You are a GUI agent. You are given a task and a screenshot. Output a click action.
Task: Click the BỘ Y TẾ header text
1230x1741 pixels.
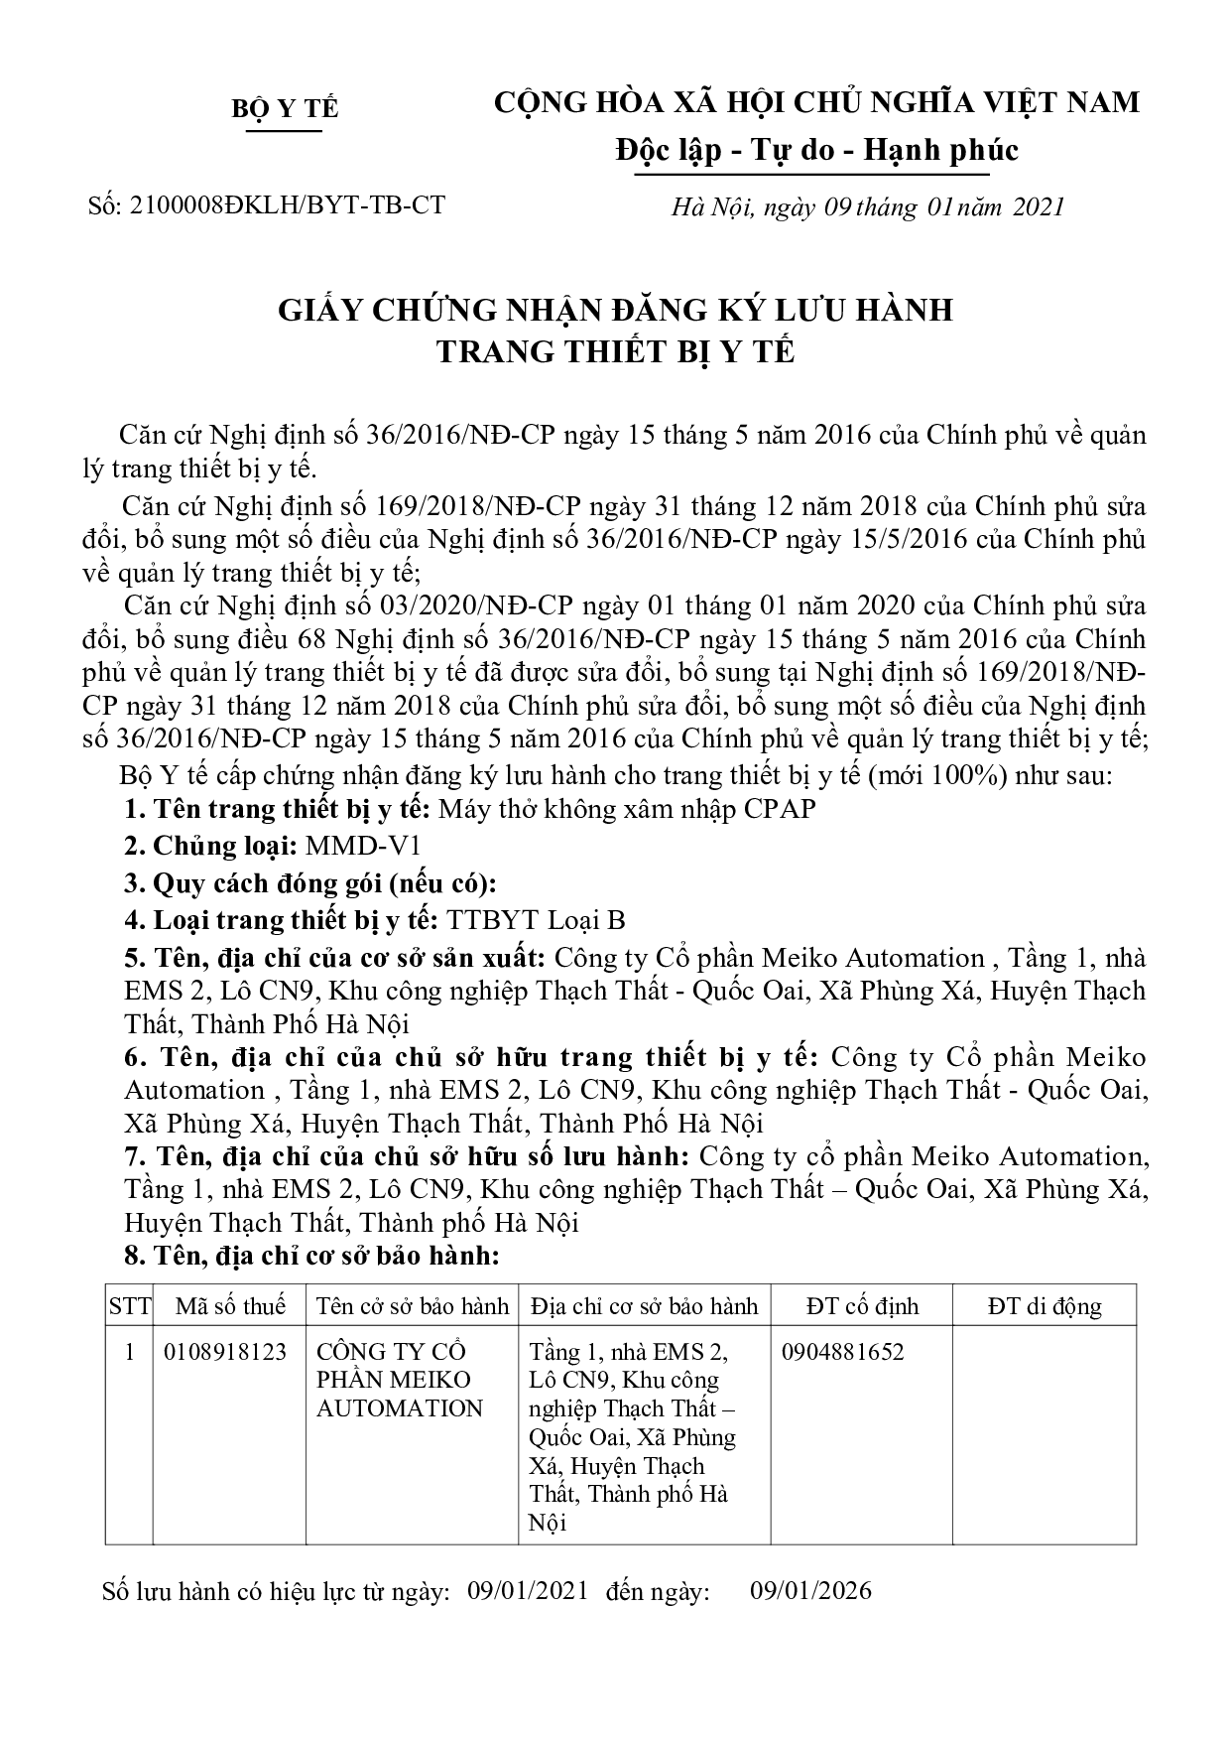click(285, 108)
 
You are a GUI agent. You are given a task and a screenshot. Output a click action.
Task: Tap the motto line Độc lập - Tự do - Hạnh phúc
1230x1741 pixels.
click(815, 150)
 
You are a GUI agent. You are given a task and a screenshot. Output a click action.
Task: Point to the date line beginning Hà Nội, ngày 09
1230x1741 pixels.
click(867, 206)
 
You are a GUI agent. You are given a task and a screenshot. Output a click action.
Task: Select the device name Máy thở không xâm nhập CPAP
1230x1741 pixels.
click(627, 809)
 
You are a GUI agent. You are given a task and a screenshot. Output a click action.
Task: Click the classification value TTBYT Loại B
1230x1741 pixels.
click(537, 920)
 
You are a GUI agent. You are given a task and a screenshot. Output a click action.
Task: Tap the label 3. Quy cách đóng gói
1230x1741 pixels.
click(310, 883)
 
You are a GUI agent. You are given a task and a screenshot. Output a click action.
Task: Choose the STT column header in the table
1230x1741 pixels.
click(129, 1306)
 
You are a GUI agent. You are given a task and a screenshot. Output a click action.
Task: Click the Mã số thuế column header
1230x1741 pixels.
click(229, 1306)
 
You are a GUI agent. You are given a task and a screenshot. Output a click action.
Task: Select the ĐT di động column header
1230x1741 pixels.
click(1044, 1306)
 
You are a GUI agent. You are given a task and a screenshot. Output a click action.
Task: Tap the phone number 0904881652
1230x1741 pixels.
click(842, 1352)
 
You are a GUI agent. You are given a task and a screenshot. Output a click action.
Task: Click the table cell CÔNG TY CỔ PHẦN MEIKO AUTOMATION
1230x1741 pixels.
click(399, 1380)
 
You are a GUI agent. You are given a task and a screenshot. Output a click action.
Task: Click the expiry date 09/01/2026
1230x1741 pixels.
click(810, 1591)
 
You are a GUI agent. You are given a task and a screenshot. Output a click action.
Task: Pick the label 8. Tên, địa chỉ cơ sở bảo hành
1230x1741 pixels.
click(311, 1257)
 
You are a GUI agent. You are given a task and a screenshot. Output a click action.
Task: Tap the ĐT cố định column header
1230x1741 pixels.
click(862, 1306)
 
